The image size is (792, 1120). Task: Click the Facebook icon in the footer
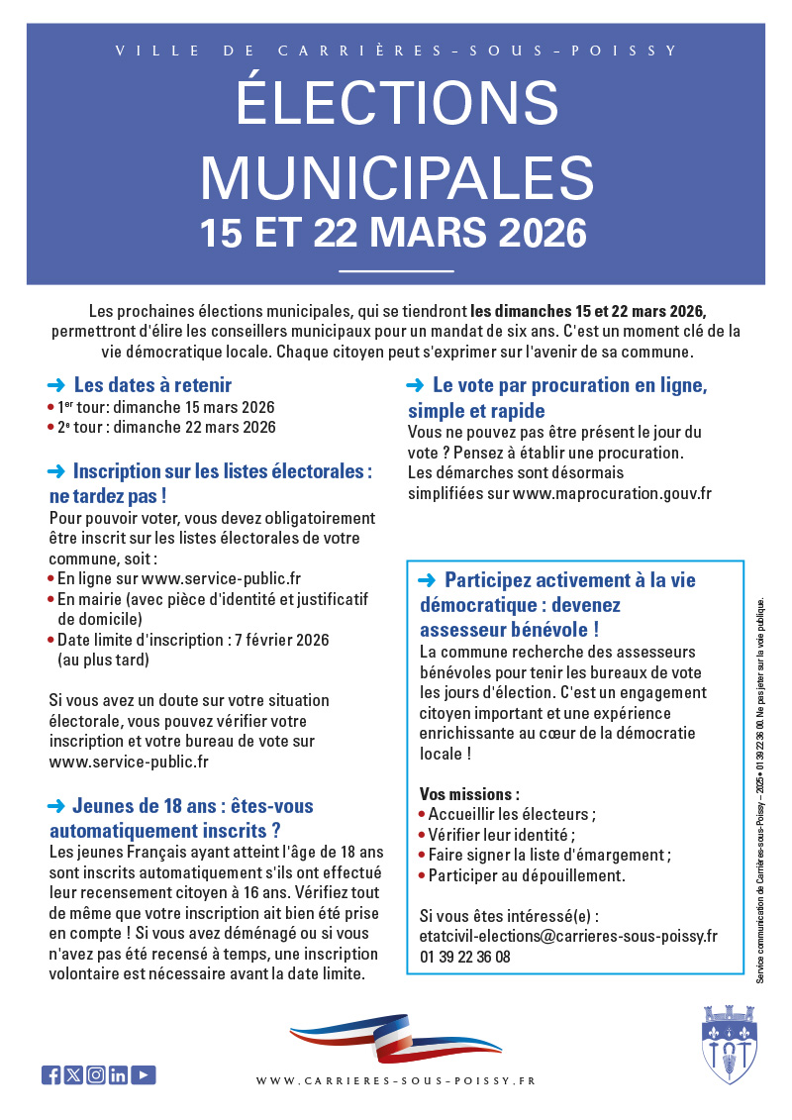(50, 1075)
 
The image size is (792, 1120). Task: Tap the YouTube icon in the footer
(144, 1075)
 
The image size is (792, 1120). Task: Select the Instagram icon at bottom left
(96, 1075)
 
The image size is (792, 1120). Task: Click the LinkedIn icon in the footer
(119, 1075)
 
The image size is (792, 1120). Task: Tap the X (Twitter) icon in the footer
(73, 1075)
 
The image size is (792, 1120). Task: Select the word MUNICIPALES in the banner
(397, 177)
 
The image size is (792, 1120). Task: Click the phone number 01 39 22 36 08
(465, 957)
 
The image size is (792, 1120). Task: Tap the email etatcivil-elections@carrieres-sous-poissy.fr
(568, 936)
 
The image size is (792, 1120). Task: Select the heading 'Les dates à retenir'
(152, 385)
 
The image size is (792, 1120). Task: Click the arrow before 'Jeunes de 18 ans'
(56, 806)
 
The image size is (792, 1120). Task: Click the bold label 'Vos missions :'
(469, 794)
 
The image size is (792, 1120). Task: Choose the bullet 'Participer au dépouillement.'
(527, 875)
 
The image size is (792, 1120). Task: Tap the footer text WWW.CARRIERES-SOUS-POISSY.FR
(396, 1081)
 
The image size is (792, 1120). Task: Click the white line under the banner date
(396, 270)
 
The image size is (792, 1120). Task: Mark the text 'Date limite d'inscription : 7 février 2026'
(193, 640)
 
